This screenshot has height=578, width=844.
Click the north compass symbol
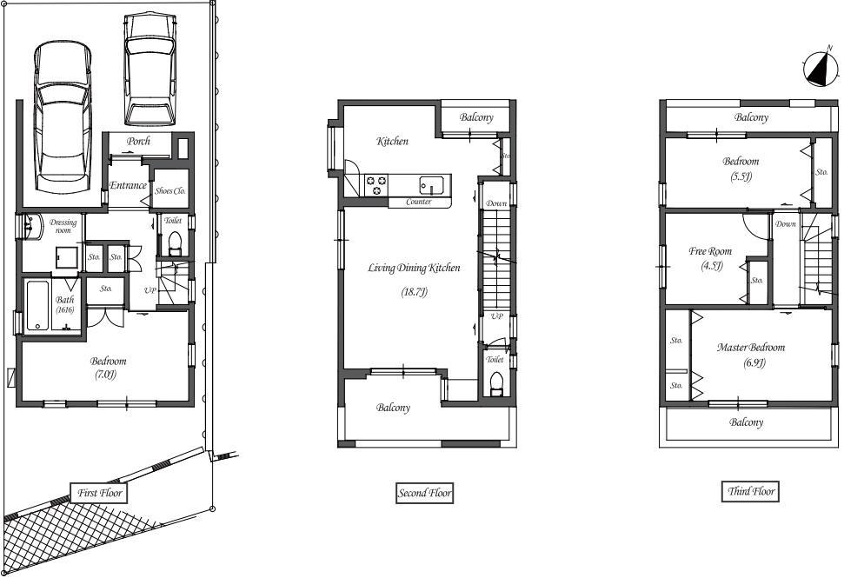(x=818, y=70)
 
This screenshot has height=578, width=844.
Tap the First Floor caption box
(x=100, y=493)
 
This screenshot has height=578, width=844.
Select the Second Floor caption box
(x=425, y=493)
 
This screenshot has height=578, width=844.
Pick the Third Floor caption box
(x=751, y=491)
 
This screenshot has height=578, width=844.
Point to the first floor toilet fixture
(x=173, y=241)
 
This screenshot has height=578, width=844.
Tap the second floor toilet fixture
(x=496, y=382)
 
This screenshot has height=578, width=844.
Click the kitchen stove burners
(x=377, y=184)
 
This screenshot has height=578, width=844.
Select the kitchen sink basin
(x=431, y=184)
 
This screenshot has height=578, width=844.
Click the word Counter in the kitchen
(x=419, y=203)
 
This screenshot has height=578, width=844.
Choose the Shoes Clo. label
(x=169, y=191)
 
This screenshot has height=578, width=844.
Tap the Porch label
(x=139, y=141)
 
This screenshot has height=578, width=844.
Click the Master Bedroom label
(x=750, y=348)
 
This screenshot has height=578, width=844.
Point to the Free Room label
(x=710, y=251)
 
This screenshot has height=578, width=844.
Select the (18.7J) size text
(x=415, y=292)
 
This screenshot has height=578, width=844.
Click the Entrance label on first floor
(x=128, y=185)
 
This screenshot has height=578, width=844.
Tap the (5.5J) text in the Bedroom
(x=741, y=176)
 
